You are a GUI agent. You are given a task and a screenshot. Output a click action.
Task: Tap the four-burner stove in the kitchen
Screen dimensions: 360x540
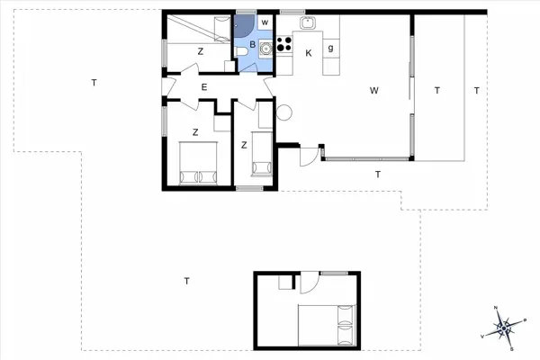click(285, 44)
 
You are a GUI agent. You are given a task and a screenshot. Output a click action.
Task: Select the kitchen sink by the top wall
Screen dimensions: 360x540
click(307, 24)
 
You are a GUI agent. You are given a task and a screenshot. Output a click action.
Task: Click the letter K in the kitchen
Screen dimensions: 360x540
click(308, 53)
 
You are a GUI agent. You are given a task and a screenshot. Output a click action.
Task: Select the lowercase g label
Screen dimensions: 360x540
click(331, 47)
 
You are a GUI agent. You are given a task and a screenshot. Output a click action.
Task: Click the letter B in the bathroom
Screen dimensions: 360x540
click(253, 43)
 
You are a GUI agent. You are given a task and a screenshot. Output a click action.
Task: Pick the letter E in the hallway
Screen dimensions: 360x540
click(205, 87)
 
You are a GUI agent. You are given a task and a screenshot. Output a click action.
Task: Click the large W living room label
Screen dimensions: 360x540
click(373, 90)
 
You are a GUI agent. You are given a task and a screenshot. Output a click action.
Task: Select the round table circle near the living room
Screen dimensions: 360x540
click(285, 112)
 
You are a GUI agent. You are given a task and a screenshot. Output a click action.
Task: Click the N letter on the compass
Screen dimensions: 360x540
click(497, 310)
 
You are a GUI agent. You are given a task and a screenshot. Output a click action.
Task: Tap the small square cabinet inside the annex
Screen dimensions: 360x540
click(285, 282)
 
